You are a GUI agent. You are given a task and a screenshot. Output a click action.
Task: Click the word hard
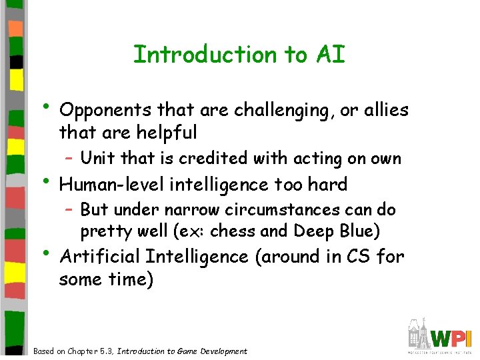point(325,184)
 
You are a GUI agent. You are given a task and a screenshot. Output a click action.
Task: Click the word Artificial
point(100,257)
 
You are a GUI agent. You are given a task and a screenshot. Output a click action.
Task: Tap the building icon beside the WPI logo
point(418,335)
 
